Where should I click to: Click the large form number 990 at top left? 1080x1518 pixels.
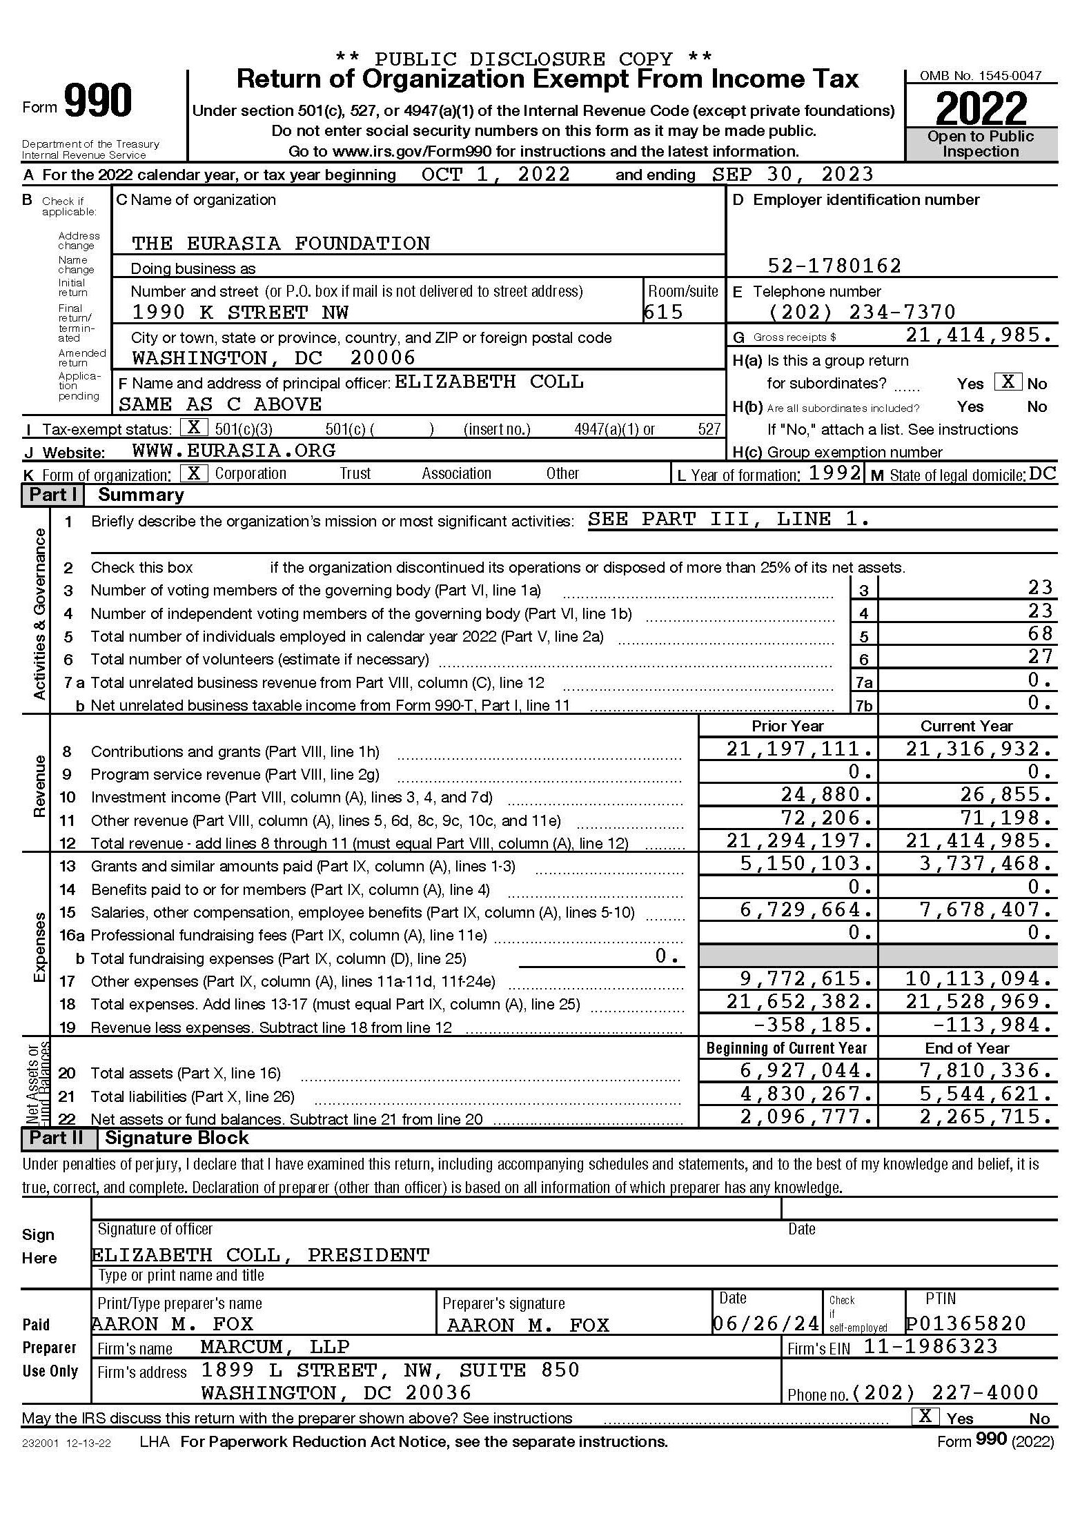coord(98,102)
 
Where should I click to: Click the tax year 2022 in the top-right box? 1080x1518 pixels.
coord(981,108)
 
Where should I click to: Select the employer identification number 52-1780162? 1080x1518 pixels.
coord(834,266)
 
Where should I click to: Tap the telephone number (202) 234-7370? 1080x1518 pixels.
coord(862,312)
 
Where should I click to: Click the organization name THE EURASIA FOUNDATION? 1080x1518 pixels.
coord(281,244)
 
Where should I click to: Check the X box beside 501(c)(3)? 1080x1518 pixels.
coord(194,428)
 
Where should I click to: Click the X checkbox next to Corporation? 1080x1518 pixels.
coord(194,473)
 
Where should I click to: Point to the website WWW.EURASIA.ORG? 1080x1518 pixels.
coord(234,451)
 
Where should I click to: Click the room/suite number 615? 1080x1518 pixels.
coord(663,313)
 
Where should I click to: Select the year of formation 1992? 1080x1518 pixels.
coord(835,473)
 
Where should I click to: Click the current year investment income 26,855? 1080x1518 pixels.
coord(1006,795)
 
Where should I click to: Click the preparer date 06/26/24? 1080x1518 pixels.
coord(766,1323)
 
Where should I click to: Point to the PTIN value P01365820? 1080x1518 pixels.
coord(966,1323)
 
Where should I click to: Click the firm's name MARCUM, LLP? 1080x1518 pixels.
coord(275,1347)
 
